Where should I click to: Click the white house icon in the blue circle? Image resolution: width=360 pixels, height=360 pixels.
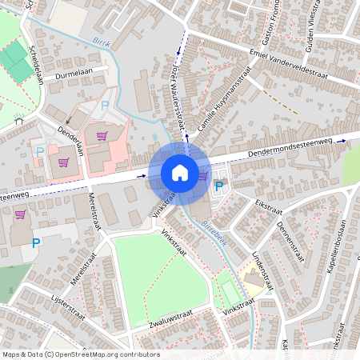180,173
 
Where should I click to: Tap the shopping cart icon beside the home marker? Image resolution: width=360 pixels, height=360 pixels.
203,176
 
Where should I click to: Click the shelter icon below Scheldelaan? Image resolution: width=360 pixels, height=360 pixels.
18,121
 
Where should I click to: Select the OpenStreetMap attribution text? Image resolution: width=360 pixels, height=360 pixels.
80,354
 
